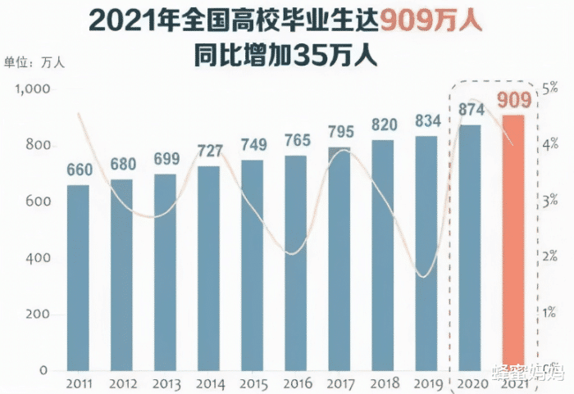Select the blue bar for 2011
[x=78, y=279]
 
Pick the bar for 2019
[x=426, y=254]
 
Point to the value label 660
[x=79, y=170]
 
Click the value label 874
[x=470, y=108]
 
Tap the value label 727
[x=209, y=151]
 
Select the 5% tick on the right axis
[x=551, y=88]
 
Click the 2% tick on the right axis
[x=550, y=256]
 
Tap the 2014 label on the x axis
[x=209, y=384]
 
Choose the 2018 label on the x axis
[x=383, y=384]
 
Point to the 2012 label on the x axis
[x=122, y=384]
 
